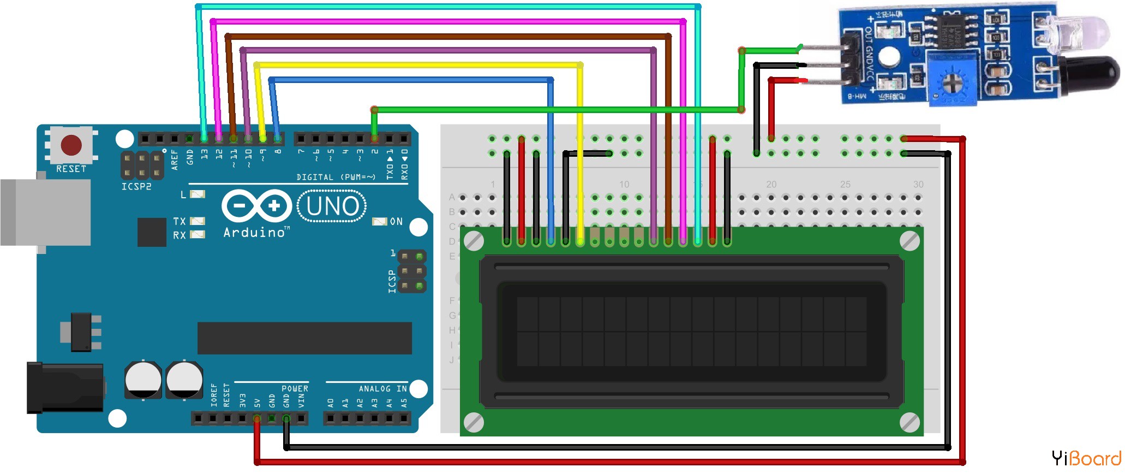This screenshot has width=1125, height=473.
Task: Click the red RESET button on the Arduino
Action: (x=71, y=145)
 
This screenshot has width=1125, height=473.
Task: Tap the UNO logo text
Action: (x=332, y=206)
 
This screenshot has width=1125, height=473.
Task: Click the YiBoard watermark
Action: (x=1086, y=458)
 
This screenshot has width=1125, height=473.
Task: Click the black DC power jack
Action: (x=65, y=388)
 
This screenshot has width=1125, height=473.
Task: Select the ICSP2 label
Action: (x=136, y=187)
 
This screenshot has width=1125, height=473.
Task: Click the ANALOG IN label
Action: (x=382, y=389)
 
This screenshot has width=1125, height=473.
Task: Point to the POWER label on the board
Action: (x=295, y=389)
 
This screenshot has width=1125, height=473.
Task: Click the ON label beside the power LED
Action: (x=396, y=222)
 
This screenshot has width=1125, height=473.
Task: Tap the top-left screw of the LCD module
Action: (x=473, y=241)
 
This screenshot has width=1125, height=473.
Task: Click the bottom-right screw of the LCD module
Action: (x=909, y=422)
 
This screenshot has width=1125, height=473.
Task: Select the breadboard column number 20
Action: (x=771, y=185)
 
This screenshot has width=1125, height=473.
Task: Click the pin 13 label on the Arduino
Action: (x=204, y=154)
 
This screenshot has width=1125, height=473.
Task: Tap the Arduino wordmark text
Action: (x=254, y=233)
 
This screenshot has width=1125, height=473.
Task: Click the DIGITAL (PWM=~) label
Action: (x=336, y=178)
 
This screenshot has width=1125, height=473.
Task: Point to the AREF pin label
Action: (x=175, y=159)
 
